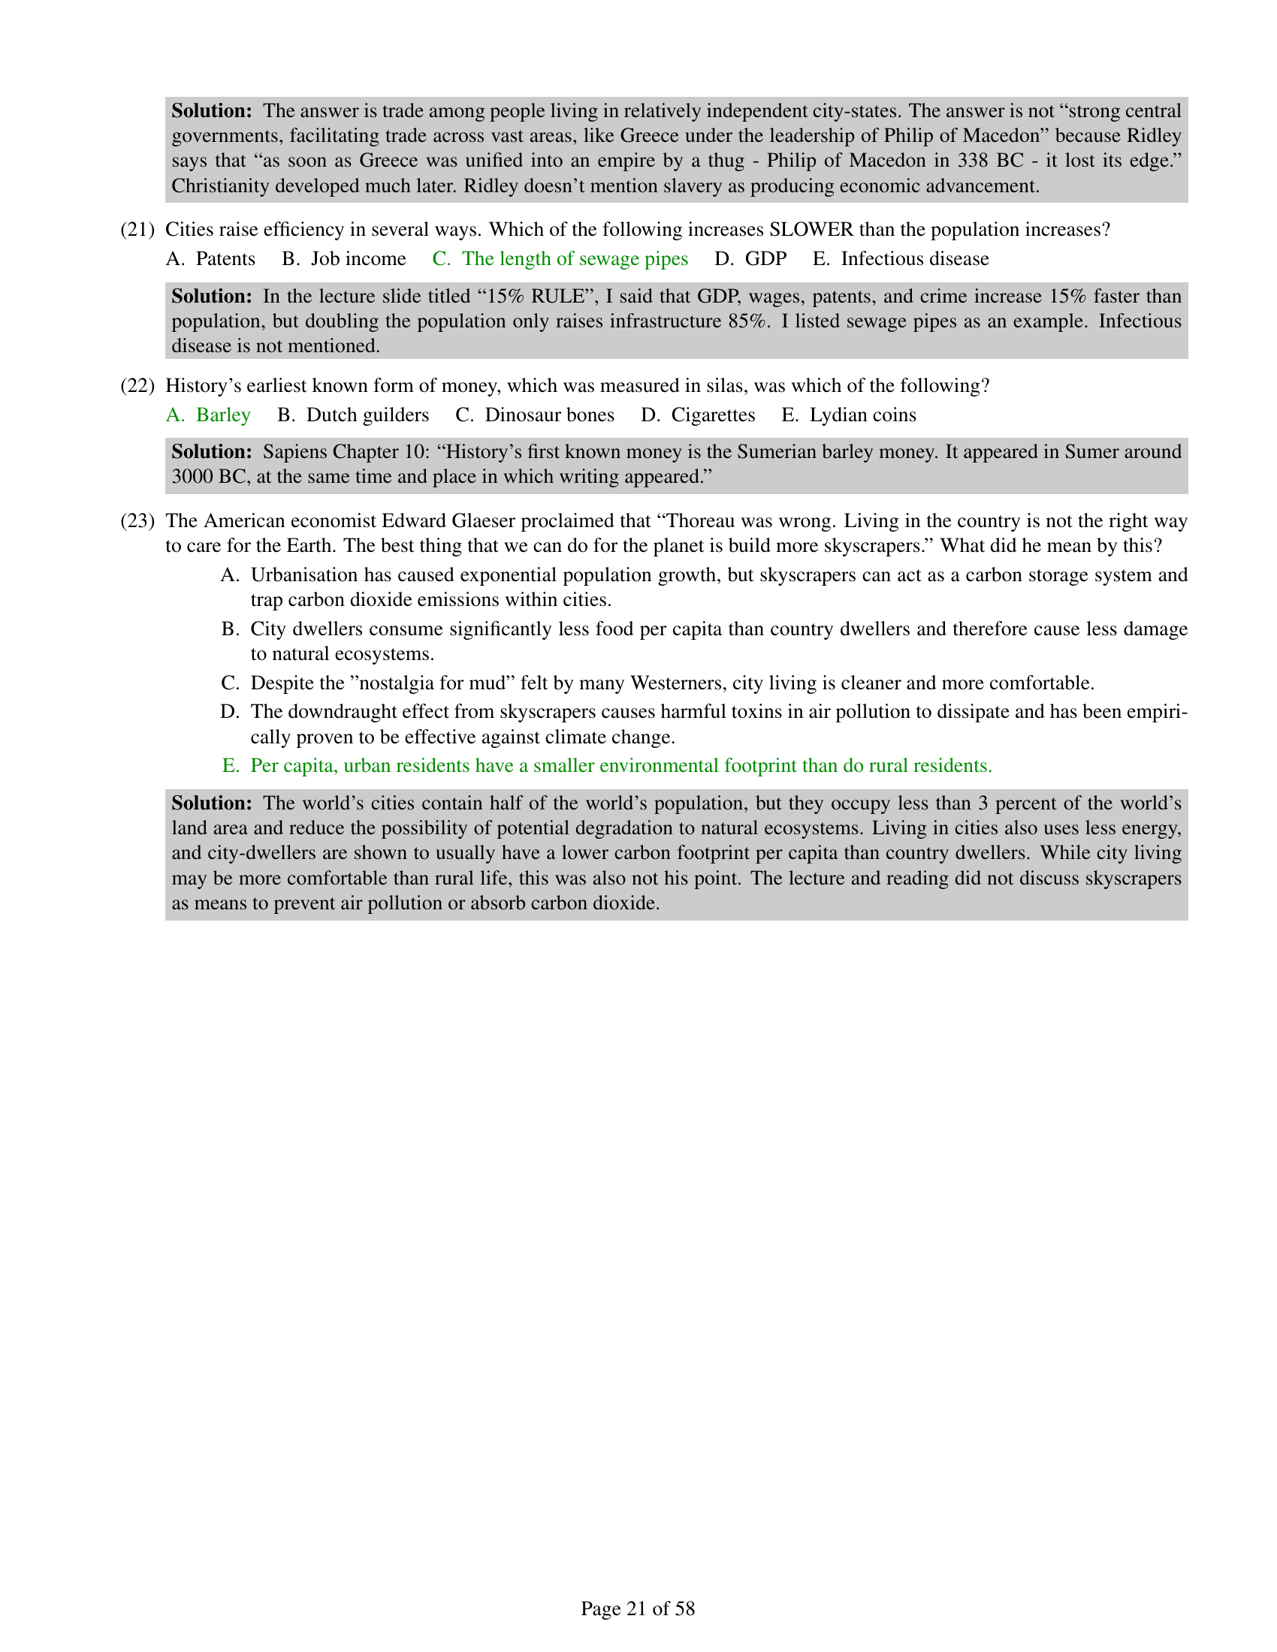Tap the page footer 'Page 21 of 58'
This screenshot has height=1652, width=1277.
638,1609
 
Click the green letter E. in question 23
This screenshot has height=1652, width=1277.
230,766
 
